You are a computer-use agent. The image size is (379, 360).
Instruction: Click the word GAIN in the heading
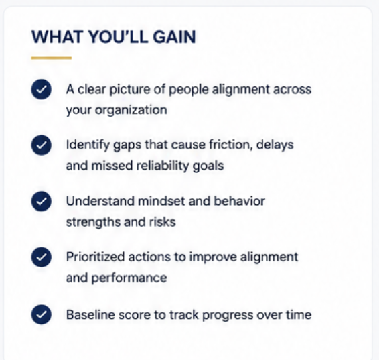point(174,37)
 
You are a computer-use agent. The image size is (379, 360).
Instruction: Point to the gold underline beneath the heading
point(52,58)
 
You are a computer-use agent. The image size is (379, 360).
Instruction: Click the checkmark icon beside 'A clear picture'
point(42,89)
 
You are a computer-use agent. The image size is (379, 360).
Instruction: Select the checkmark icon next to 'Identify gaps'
point(42,145)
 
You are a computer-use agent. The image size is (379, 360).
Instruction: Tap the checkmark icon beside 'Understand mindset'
point(42,201)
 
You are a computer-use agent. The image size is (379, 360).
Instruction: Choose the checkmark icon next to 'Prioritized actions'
point(42,257)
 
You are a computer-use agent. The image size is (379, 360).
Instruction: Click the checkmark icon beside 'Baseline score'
point(42,314)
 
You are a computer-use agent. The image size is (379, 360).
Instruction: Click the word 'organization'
point(131,111)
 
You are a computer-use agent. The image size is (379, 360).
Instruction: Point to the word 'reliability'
point(163,166)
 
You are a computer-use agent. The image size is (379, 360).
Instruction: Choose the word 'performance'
point(129,278)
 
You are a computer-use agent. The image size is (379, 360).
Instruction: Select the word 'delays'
point(275,145)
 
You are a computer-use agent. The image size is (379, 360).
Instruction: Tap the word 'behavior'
point(240,201)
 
